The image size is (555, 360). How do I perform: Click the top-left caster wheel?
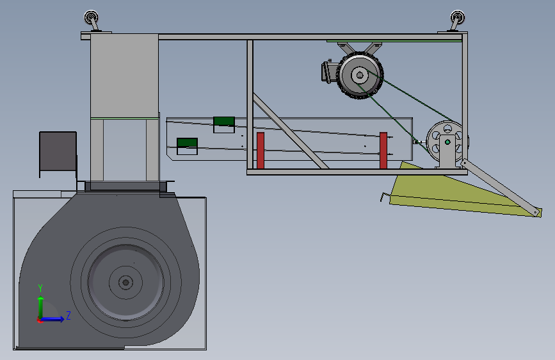click(91, 17)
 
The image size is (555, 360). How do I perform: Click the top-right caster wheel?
click(457, 17)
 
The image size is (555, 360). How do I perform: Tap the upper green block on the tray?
click(224, 121)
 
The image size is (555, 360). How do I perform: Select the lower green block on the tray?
click(187, 142)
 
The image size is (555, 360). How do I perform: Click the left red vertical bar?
click(261, 151)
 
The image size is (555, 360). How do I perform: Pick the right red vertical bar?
click(383, 151)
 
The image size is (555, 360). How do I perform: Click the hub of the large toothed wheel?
click(360, 75)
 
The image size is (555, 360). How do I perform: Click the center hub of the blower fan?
click(125, 282)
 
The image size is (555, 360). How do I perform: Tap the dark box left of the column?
click(58, 151)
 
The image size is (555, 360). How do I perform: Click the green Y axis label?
click(40, 288)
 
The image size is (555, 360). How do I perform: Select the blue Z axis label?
click(68, 315)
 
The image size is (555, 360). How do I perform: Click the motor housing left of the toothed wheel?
click(330, 72)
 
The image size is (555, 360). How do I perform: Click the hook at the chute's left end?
click(384, 197)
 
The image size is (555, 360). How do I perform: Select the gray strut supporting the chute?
click(501, 187)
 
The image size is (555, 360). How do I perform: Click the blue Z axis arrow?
click(52, 319)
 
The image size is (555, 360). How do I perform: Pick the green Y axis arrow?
click(41, 308)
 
